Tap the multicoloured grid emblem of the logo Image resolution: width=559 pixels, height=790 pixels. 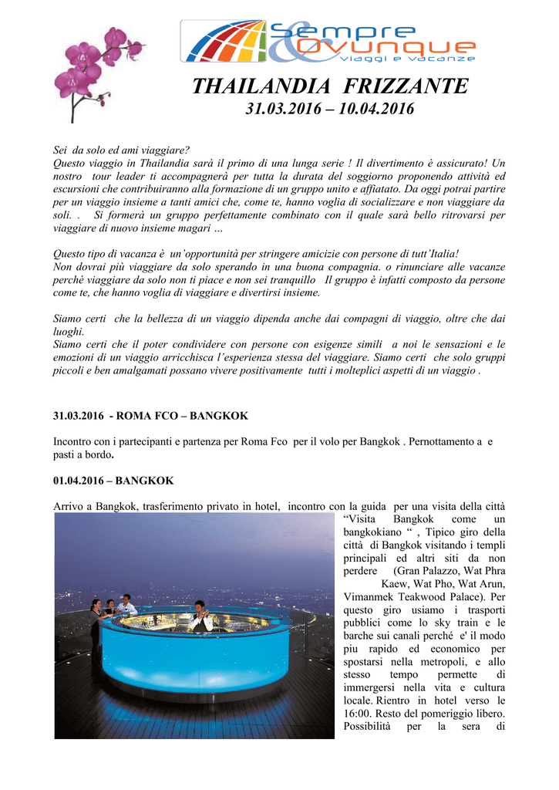point(224,43)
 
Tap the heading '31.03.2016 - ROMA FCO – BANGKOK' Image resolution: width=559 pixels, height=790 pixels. point(150,416)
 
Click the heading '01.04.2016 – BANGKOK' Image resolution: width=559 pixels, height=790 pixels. point(113,481)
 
